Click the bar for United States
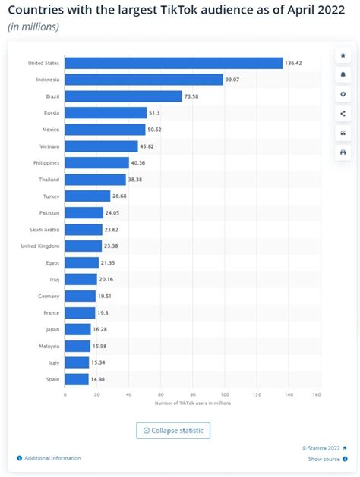click(174, 63)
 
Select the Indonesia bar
click(144, 80)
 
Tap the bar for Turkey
click(87, 196)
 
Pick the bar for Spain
click(77, 379)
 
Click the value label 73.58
click(191, 96)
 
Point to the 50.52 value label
click(154, 130)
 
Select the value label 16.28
click(100, 329)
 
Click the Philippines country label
click(46, 163)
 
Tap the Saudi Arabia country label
click(44, 230)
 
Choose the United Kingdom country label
click(40, 246)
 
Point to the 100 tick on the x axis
click(225, 394)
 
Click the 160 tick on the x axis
click(317, 394)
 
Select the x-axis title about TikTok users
click(193, 403)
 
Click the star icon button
click(343, 55)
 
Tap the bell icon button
click(343, 75)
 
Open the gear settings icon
click(343, 94)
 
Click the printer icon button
click(343, 152)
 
